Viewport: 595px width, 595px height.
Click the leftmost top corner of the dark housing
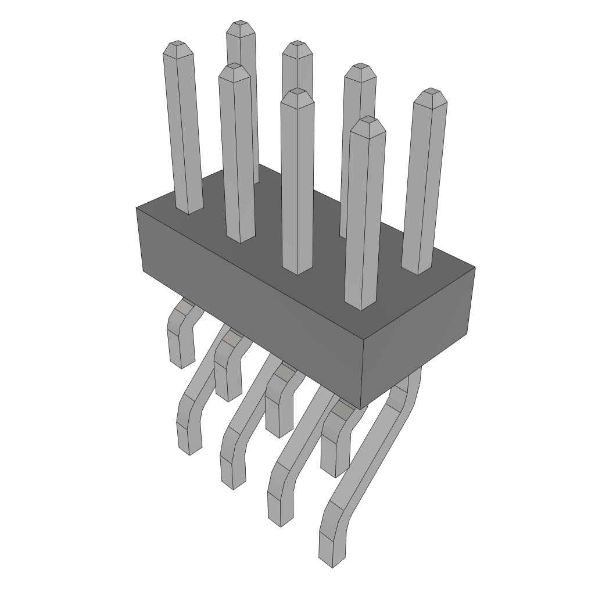tap(137, 208)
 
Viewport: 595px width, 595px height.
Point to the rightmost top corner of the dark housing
tap(475, 267)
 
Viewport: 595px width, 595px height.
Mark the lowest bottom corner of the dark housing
tap(361, 409)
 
